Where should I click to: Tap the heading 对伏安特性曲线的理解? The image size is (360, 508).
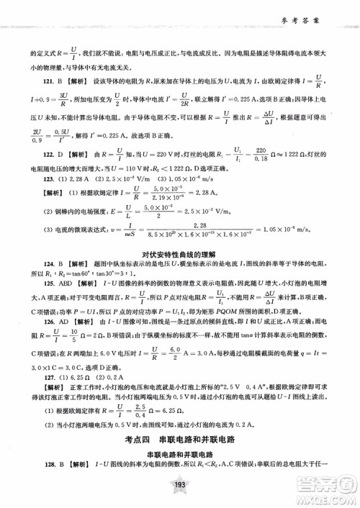coord(179,273)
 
